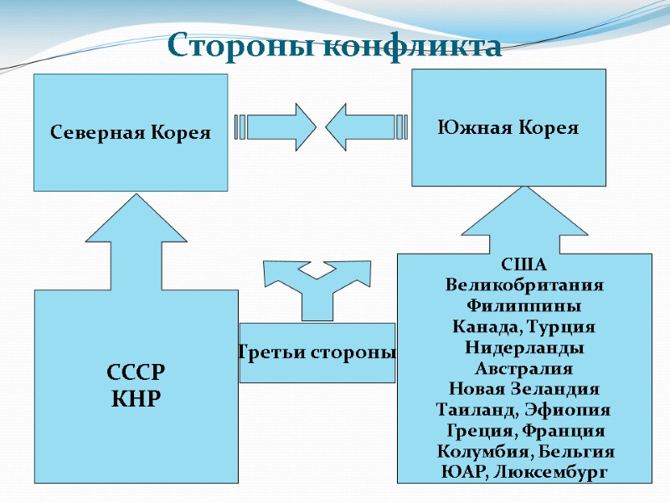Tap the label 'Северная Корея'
coord(130,132)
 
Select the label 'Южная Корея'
coord(508,128)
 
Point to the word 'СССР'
coord(137,371)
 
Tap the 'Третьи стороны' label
coord(317,352)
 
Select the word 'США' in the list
coord(523,265)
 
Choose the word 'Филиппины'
coord(524,305)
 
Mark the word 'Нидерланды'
coord(524,347)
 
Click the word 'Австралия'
coord(524,368)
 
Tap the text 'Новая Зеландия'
coord(524,389)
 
